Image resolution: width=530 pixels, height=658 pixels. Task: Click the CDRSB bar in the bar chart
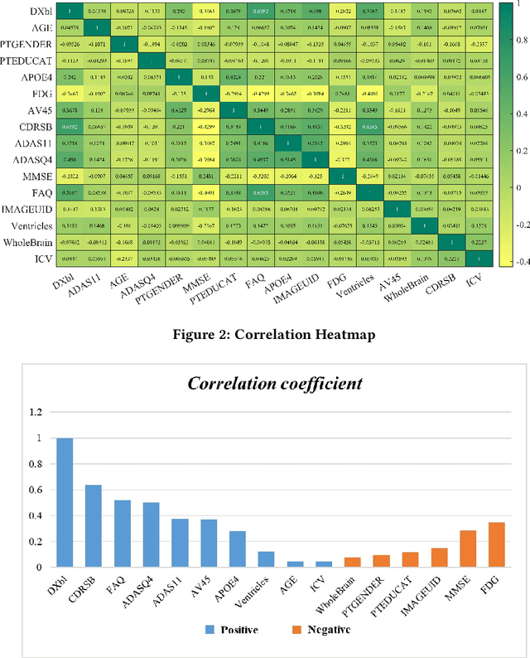(94, 526)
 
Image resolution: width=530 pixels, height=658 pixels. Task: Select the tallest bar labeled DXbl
(65, 503)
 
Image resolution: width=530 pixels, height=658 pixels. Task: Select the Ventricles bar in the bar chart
(267, 559)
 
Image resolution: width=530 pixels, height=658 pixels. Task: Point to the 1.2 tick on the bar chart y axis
(34, 412)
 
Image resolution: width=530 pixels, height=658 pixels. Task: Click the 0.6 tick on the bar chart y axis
(34, 490)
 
